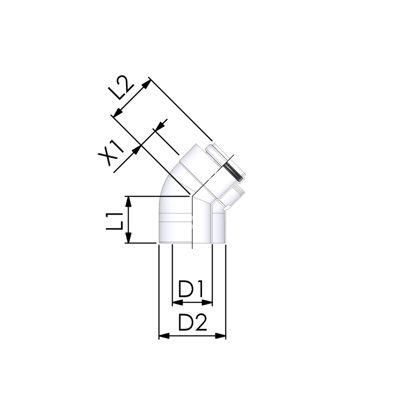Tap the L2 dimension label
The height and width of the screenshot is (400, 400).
[x=121, y=89]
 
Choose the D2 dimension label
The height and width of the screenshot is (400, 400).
[x=192, y=324]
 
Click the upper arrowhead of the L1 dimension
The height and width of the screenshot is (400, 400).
[x=129, y=200]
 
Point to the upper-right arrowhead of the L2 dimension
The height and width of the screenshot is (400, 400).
[x=146, y=83]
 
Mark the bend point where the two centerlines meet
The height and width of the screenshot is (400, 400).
[x=191, y=195]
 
